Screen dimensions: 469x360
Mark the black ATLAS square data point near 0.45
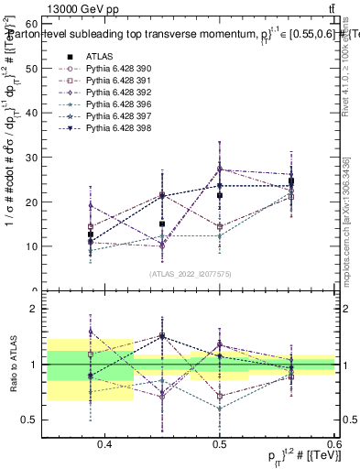click(x=162, y=224)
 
